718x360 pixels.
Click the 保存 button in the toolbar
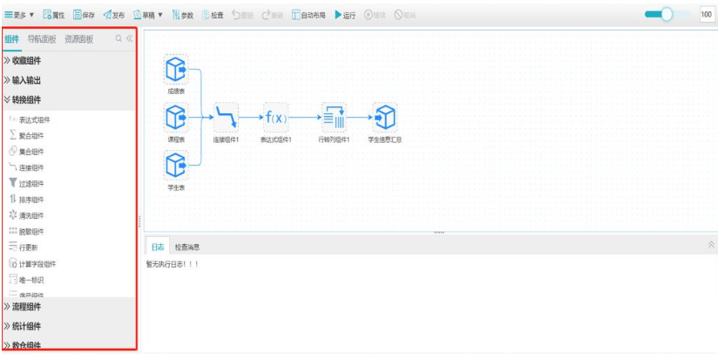point(84,15)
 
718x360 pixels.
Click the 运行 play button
point(345,15)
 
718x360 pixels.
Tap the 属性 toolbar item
point(53,15)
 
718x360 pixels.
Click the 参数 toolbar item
point(183,15)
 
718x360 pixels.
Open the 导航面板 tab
point(42,39)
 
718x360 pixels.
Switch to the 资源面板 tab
point(78,39)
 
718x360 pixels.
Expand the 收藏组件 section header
point(26,60)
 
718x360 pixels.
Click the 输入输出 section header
point(26,80)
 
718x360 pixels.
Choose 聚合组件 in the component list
point(30,136)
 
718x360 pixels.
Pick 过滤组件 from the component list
point(30,184)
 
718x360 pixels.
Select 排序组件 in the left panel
point(30,200)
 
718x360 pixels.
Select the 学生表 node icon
point(176,164)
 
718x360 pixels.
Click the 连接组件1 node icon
point(226,116)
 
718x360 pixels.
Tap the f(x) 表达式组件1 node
point(275,116)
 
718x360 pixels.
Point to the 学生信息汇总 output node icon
point(384,116)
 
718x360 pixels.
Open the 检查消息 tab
point(187,248)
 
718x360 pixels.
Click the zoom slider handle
point(667,14)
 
